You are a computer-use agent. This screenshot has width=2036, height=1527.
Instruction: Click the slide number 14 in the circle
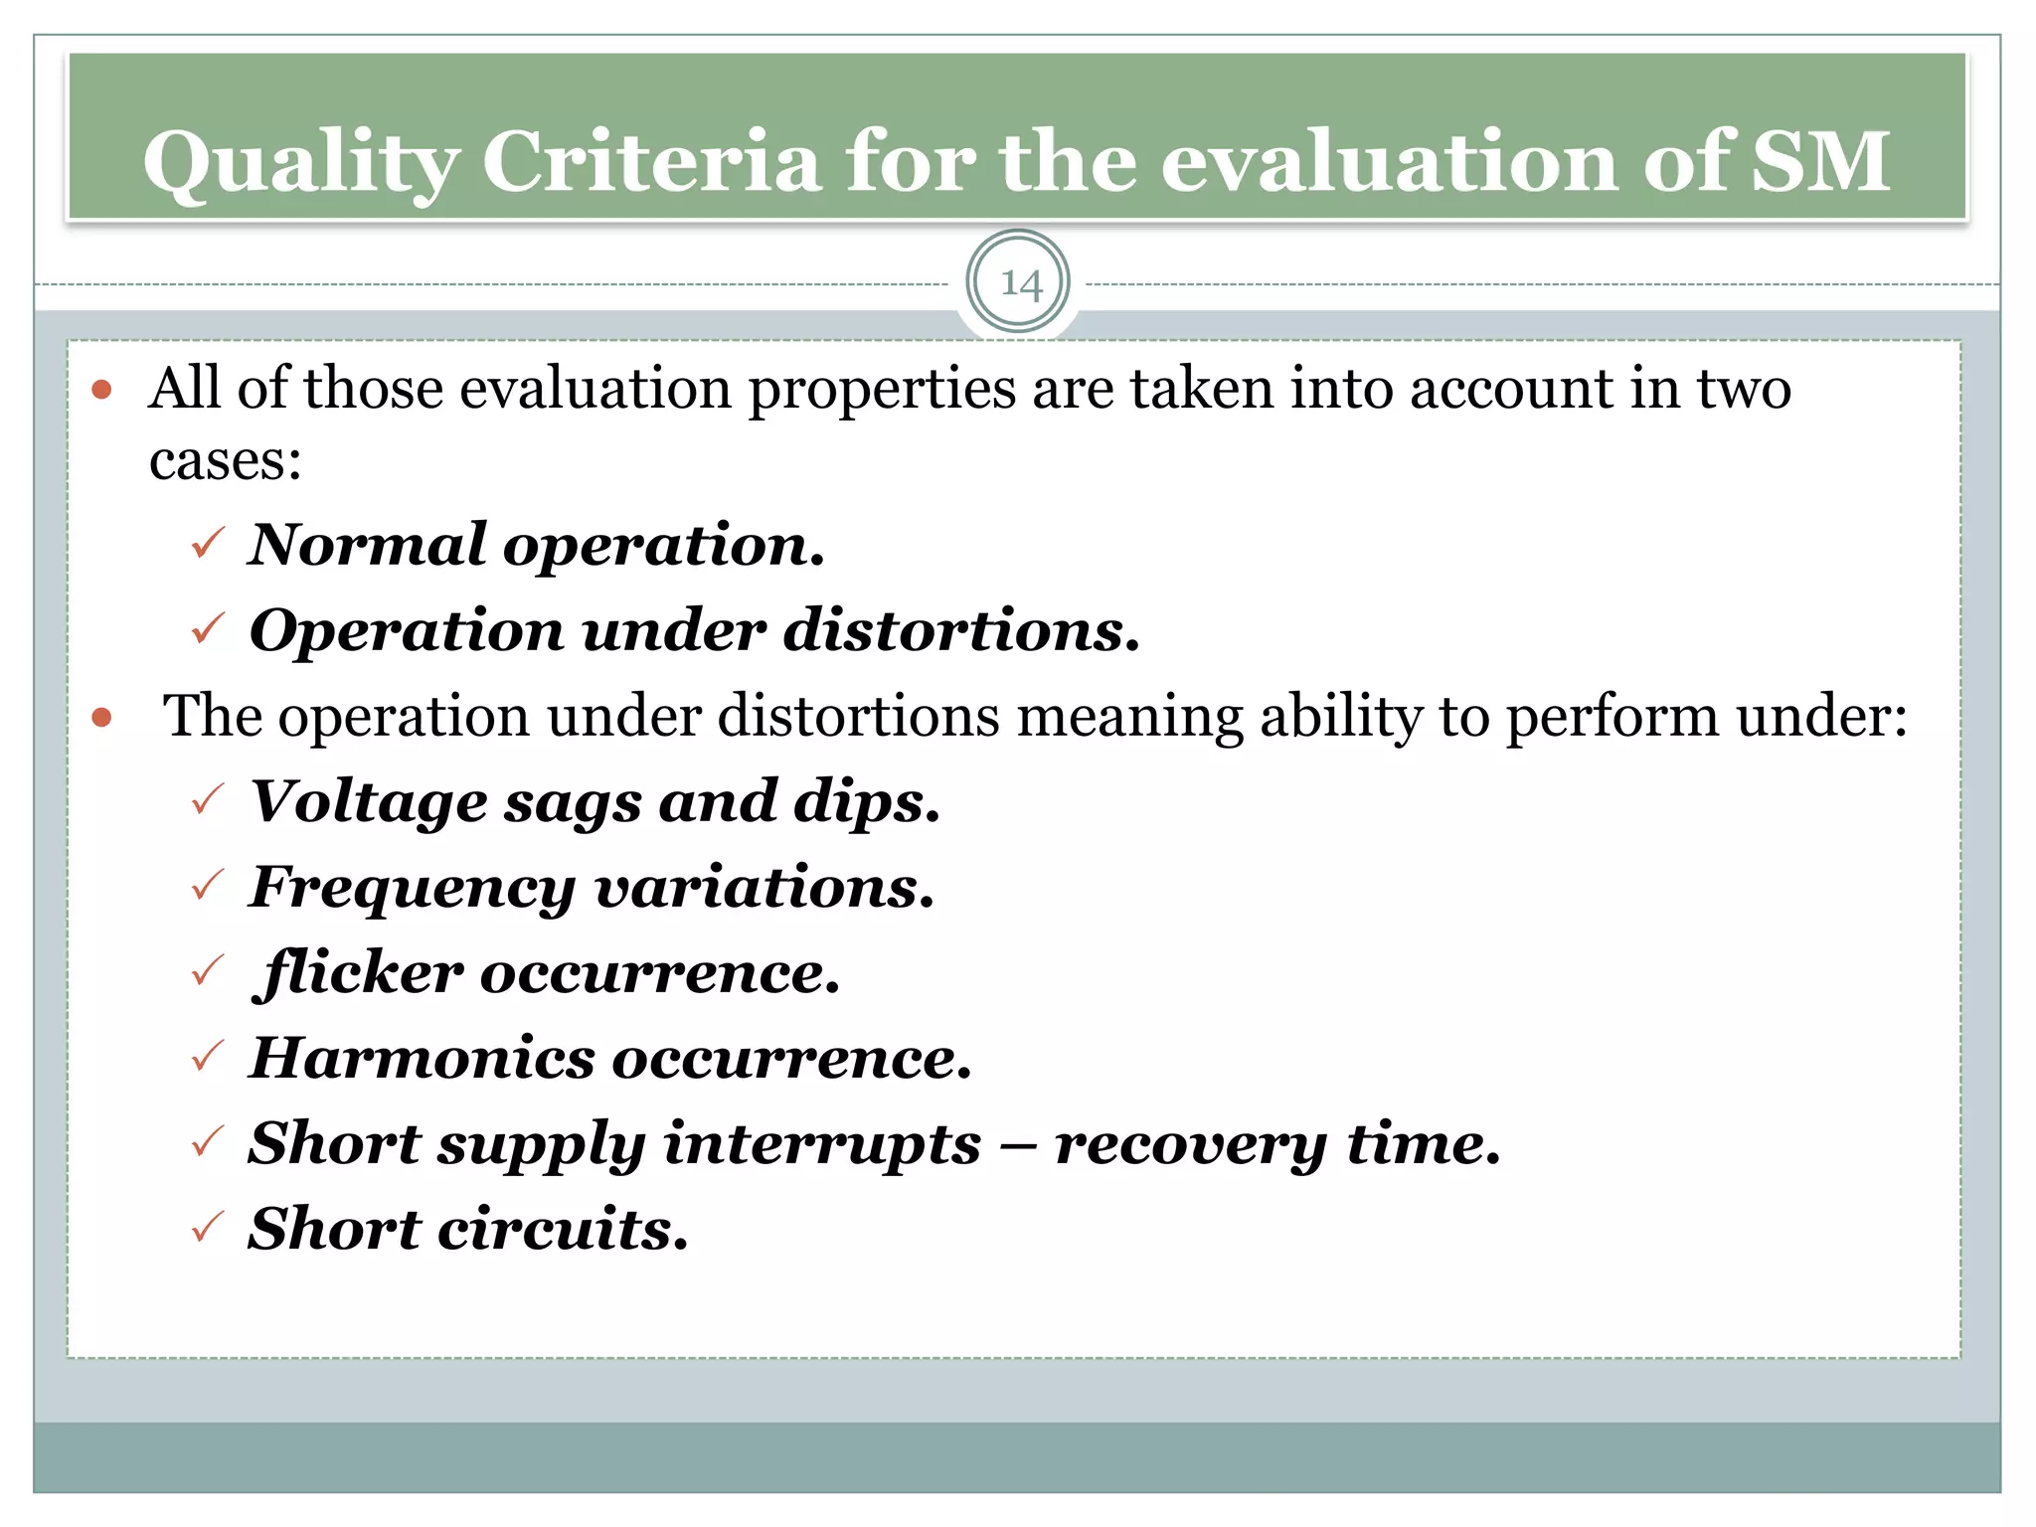1019,284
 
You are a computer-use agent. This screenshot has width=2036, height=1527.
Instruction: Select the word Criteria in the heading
651,161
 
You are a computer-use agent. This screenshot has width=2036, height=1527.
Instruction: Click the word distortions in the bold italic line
960,630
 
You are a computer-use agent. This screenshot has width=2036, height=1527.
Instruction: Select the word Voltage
368,801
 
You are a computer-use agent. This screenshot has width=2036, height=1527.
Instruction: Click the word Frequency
412,888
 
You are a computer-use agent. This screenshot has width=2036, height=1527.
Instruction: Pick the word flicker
358,972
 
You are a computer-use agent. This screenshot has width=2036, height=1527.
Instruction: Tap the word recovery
1190,1144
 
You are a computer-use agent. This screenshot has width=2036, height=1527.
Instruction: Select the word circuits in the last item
563,1230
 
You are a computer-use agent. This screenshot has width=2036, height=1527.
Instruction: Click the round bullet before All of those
101,389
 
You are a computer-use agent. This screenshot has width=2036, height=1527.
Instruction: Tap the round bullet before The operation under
101,717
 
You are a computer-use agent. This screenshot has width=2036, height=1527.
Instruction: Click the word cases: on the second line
225,461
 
